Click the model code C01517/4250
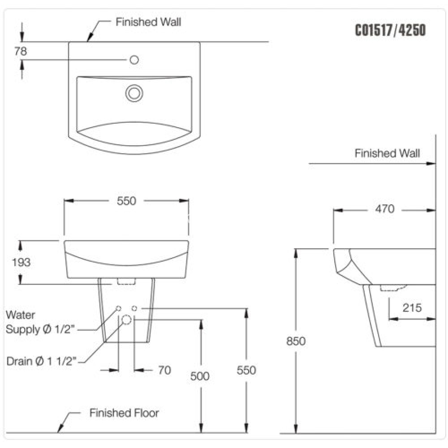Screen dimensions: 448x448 390,30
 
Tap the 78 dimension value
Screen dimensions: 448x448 21,52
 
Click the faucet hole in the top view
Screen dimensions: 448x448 134,60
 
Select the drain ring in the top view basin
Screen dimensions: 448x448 134,93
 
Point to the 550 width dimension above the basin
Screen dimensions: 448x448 126,201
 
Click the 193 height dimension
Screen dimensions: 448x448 21,262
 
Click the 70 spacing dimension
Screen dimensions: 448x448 164,370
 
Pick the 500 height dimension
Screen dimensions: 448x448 200,376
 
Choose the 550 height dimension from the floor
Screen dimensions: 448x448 246,370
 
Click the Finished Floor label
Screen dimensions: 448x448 124,413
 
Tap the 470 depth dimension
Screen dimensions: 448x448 384,209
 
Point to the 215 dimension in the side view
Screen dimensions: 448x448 412,308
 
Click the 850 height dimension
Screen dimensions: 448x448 296,341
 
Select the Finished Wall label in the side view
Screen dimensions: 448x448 387,154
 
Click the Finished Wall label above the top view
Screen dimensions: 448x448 148,22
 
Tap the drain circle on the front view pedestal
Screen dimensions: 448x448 126,319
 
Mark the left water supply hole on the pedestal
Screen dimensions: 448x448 118,308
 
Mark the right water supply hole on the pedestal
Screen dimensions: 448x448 134,308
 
